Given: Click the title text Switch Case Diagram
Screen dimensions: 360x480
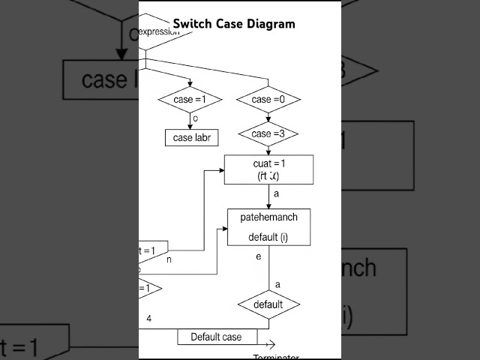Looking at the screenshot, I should coord(234,23).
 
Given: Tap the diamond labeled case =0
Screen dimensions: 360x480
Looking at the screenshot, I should coord(268,100).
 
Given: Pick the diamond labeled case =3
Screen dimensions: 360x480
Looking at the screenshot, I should coord(268,133).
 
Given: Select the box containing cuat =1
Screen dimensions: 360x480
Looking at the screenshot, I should coord(269,169).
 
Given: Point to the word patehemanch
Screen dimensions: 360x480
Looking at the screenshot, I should coord(268,217).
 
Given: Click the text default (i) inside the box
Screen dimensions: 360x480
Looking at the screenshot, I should coord(268,238).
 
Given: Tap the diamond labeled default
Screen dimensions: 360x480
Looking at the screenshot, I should coord(268,304).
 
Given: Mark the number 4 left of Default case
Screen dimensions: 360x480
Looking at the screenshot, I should coord(148,319).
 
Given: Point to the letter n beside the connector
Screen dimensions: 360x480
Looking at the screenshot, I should coord(169,259).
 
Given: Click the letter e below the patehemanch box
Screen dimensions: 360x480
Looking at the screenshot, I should coord(258,256).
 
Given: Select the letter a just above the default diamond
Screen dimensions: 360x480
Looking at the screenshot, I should coord(277,284).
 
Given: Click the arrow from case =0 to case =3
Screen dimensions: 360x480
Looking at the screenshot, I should coord(268,117).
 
